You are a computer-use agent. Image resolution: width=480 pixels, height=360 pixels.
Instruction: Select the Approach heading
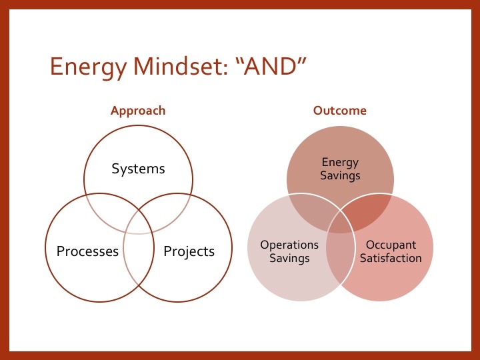pos(138,111)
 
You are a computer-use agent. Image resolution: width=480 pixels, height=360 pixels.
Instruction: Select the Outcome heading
pos(340,111)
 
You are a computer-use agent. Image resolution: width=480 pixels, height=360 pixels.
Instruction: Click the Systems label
pos(138,169)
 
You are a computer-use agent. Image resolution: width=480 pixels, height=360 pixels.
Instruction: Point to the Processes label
pos(87,251)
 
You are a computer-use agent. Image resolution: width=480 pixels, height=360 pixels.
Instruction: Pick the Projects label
pos(189,251)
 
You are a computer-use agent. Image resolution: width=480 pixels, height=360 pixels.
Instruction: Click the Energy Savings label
pos(340,169)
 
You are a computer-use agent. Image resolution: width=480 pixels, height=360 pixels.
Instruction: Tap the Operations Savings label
pos(289,251)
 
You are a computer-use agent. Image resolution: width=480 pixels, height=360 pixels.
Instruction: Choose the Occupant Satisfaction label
pos(391,251)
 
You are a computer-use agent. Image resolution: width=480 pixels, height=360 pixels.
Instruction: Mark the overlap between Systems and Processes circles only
pos(107,207)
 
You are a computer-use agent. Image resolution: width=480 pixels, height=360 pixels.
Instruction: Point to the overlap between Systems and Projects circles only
pos(171,207)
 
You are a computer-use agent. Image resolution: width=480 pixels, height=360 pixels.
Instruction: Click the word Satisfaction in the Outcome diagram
pos(391,258)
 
